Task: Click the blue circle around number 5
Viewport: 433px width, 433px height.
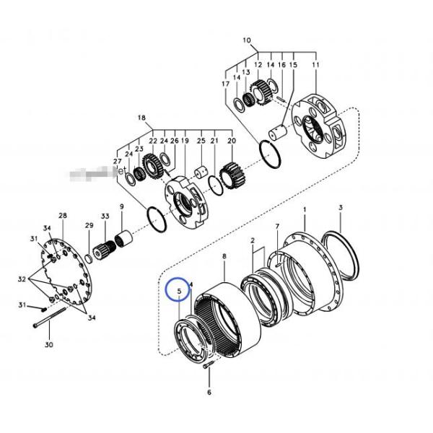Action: coord(177,289)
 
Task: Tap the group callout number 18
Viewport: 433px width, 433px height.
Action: coord(141,117)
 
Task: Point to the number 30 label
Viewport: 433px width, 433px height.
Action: coord(49,345)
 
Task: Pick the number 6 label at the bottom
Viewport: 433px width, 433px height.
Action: coord(209,393)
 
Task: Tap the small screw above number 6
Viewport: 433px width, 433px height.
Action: coord(209,367)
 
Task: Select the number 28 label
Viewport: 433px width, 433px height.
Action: coord(62,216)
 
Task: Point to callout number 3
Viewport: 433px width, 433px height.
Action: coord(340,208)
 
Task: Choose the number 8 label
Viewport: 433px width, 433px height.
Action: coord(224,256)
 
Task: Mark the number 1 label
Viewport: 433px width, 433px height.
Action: coord(305,209)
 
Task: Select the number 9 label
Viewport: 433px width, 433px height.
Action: coord(121,207)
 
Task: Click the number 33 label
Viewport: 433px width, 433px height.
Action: coord(105,216)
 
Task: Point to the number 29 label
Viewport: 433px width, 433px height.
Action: coord(89,226)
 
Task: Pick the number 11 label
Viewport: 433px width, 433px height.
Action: coord(315,65)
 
